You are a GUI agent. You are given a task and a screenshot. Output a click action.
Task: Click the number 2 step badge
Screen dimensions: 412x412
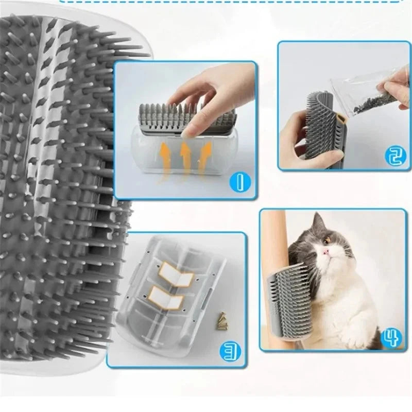(393, 154)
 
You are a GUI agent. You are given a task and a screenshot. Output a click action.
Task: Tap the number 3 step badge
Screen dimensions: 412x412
(228, 351)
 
